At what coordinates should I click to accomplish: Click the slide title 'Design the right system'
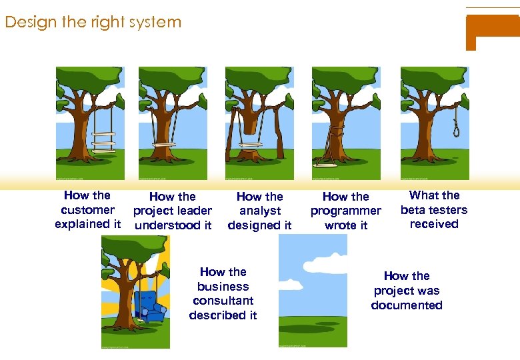pos(93,22)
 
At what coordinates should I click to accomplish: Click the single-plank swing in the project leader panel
pos(167,143)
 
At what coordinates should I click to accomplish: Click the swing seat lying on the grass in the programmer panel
pos(325,164)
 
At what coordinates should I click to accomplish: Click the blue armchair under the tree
pos(147,307)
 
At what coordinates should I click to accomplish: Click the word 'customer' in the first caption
pos(87,210)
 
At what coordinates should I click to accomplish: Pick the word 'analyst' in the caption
pos(259,211)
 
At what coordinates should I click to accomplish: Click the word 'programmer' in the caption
pos(345,211)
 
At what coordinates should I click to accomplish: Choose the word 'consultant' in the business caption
pos(223,301)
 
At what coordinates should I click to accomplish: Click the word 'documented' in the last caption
pos(407,305)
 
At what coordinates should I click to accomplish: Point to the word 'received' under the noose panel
pos(434,224)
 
